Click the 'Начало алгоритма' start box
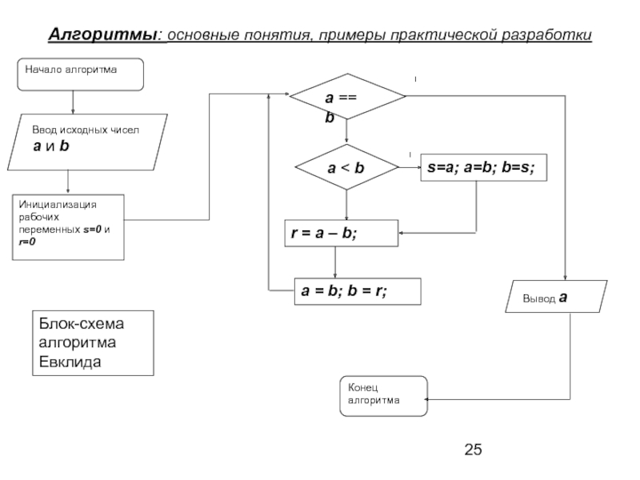80,73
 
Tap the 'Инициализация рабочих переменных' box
70,226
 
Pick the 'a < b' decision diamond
346,168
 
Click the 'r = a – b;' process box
341,233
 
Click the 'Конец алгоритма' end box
383,395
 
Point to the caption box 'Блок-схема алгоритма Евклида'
96,343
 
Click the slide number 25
474,450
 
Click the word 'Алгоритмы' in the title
105,36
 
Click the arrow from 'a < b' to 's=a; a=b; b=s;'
410,168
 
